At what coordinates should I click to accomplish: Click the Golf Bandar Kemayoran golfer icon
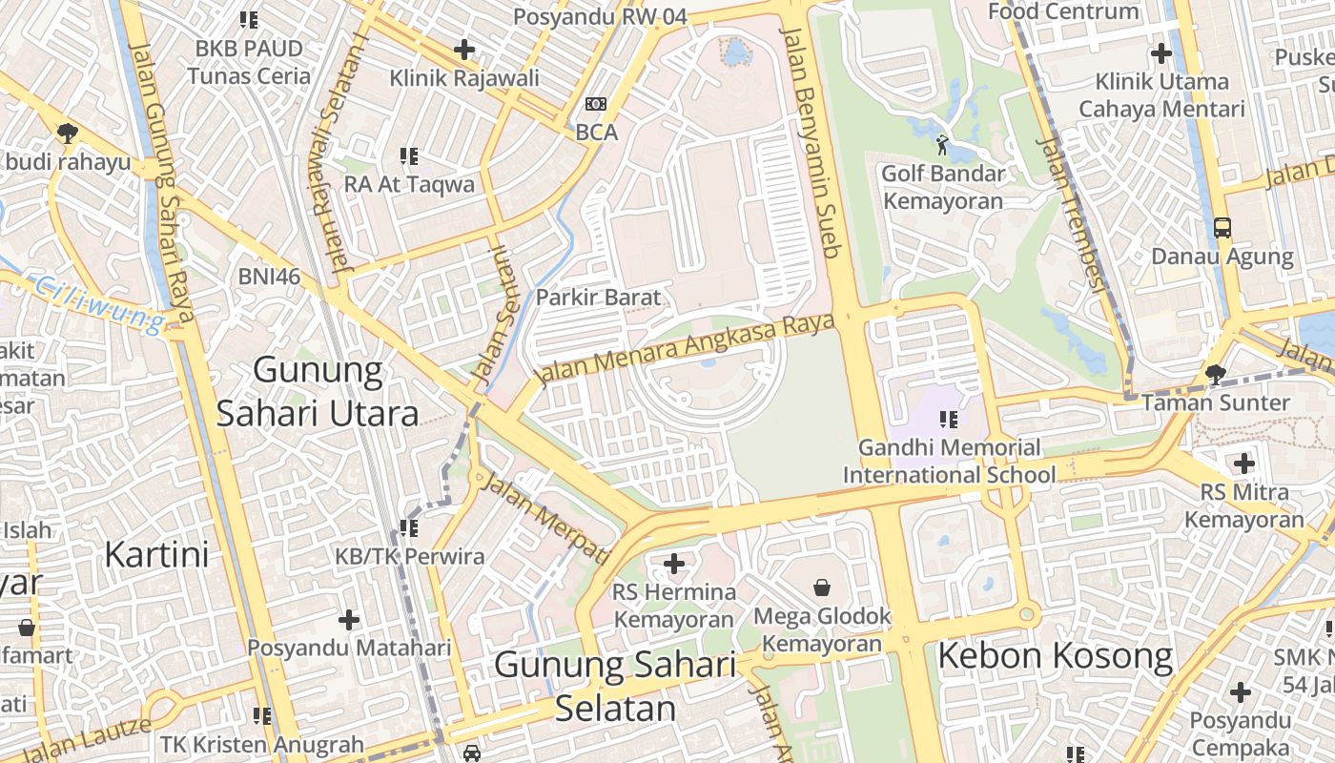pos(942,146)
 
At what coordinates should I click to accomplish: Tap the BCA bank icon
pos(596,104)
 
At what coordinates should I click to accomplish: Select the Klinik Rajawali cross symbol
pos(464,50)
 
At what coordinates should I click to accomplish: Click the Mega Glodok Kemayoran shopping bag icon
pos(822,588)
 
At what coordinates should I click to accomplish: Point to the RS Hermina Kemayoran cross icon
pos(674,564)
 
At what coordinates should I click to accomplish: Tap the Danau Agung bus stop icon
pos(1222,228)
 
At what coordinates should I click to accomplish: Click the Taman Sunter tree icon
pos(1215,374)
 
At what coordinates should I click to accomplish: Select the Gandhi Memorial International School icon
pos(949,419)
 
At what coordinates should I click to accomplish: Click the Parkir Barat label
pos(598,298)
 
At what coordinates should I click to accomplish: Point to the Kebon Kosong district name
pos(1056,656)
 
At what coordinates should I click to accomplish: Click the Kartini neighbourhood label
pos(156,553)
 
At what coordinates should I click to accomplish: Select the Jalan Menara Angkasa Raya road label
pos(685,351)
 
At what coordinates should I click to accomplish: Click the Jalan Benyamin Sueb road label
pos(811,143)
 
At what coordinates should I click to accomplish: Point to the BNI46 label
pos(269,277)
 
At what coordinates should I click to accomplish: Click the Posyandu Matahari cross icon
pos(349,620)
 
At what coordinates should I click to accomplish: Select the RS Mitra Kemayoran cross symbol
pos(1243,464)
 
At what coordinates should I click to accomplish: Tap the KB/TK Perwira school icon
pos(409,527)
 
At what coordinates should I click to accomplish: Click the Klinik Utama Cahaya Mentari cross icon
pos(1161,53)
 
